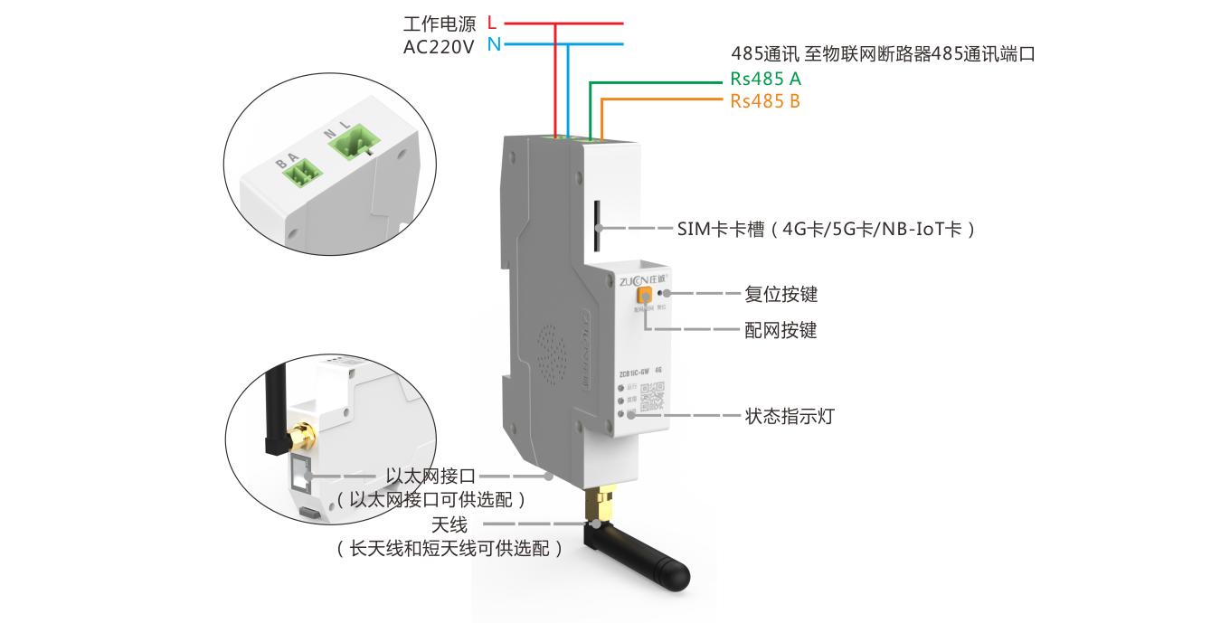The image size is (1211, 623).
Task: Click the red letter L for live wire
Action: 492,23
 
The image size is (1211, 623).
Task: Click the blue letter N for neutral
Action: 493,44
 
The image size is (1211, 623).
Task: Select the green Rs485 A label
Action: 765,79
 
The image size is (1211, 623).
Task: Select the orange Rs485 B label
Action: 765,101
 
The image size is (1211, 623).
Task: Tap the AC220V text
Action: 439,47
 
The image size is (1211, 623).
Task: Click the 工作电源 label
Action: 440,24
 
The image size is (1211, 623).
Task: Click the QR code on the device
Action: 652,396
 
